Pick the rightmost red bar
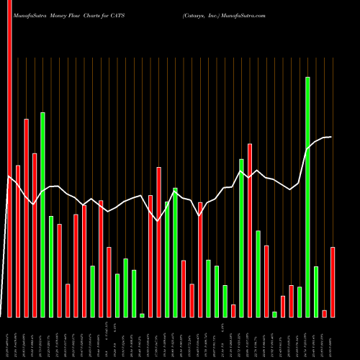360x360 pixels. pos(333,282)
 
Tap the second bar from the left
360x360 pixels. pos(18,241)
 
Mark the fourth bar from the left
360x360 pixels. pos(35,235)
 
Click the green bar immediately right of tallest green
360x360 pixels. pos(316,292)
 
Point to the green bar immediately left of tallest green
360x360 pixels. pos(300,302)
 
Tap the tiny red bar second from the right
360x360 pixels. pos(325,313)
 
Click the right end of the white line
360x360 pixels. pos(331,137)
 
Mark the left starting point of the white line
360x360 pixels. pos(9,176)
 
